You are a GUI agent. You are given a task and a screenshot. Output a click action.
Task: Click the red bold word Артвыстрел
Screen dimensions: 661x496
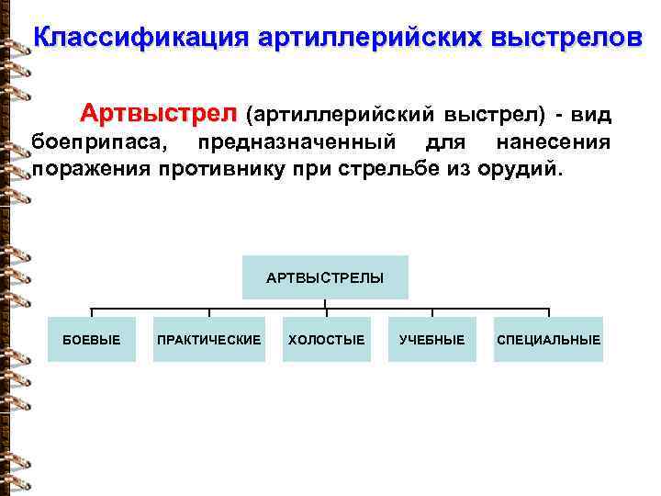coord(158,115)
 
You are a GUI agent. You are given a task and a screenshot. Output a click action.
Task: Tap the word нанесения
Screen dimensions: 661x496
coord(552,142)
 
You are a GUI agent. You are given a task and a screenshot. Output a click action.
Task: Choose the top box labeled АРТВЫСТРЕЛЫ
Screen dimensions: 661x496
coord(325,277)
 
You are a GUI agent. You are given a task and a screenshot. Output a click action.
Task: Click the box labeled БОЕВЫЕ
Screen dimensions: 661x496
coord(91,340)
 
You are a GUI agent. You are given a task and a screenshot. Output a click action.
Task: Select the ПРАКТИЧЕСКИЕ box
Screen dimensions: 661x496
coord(209,340)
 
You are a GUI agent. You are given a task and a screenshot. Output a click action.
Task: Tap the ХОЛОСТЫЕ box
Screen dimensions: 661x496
coord(326,340)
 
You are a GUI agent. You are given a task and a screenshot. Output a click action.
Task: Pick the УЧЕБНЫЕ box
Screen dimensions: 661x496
coord(431,340)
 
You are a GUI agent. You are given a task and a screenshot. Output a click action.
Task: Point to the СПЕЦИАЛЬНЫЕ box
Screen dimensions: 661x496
coord(548,340)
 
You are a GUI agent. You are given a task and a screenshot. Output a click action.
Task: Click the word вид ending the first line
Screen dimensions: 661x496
coord(591,116)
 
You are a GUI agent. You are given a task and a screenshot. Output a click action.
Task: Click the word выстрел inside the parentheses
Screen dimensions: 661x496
coord(492,116)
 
